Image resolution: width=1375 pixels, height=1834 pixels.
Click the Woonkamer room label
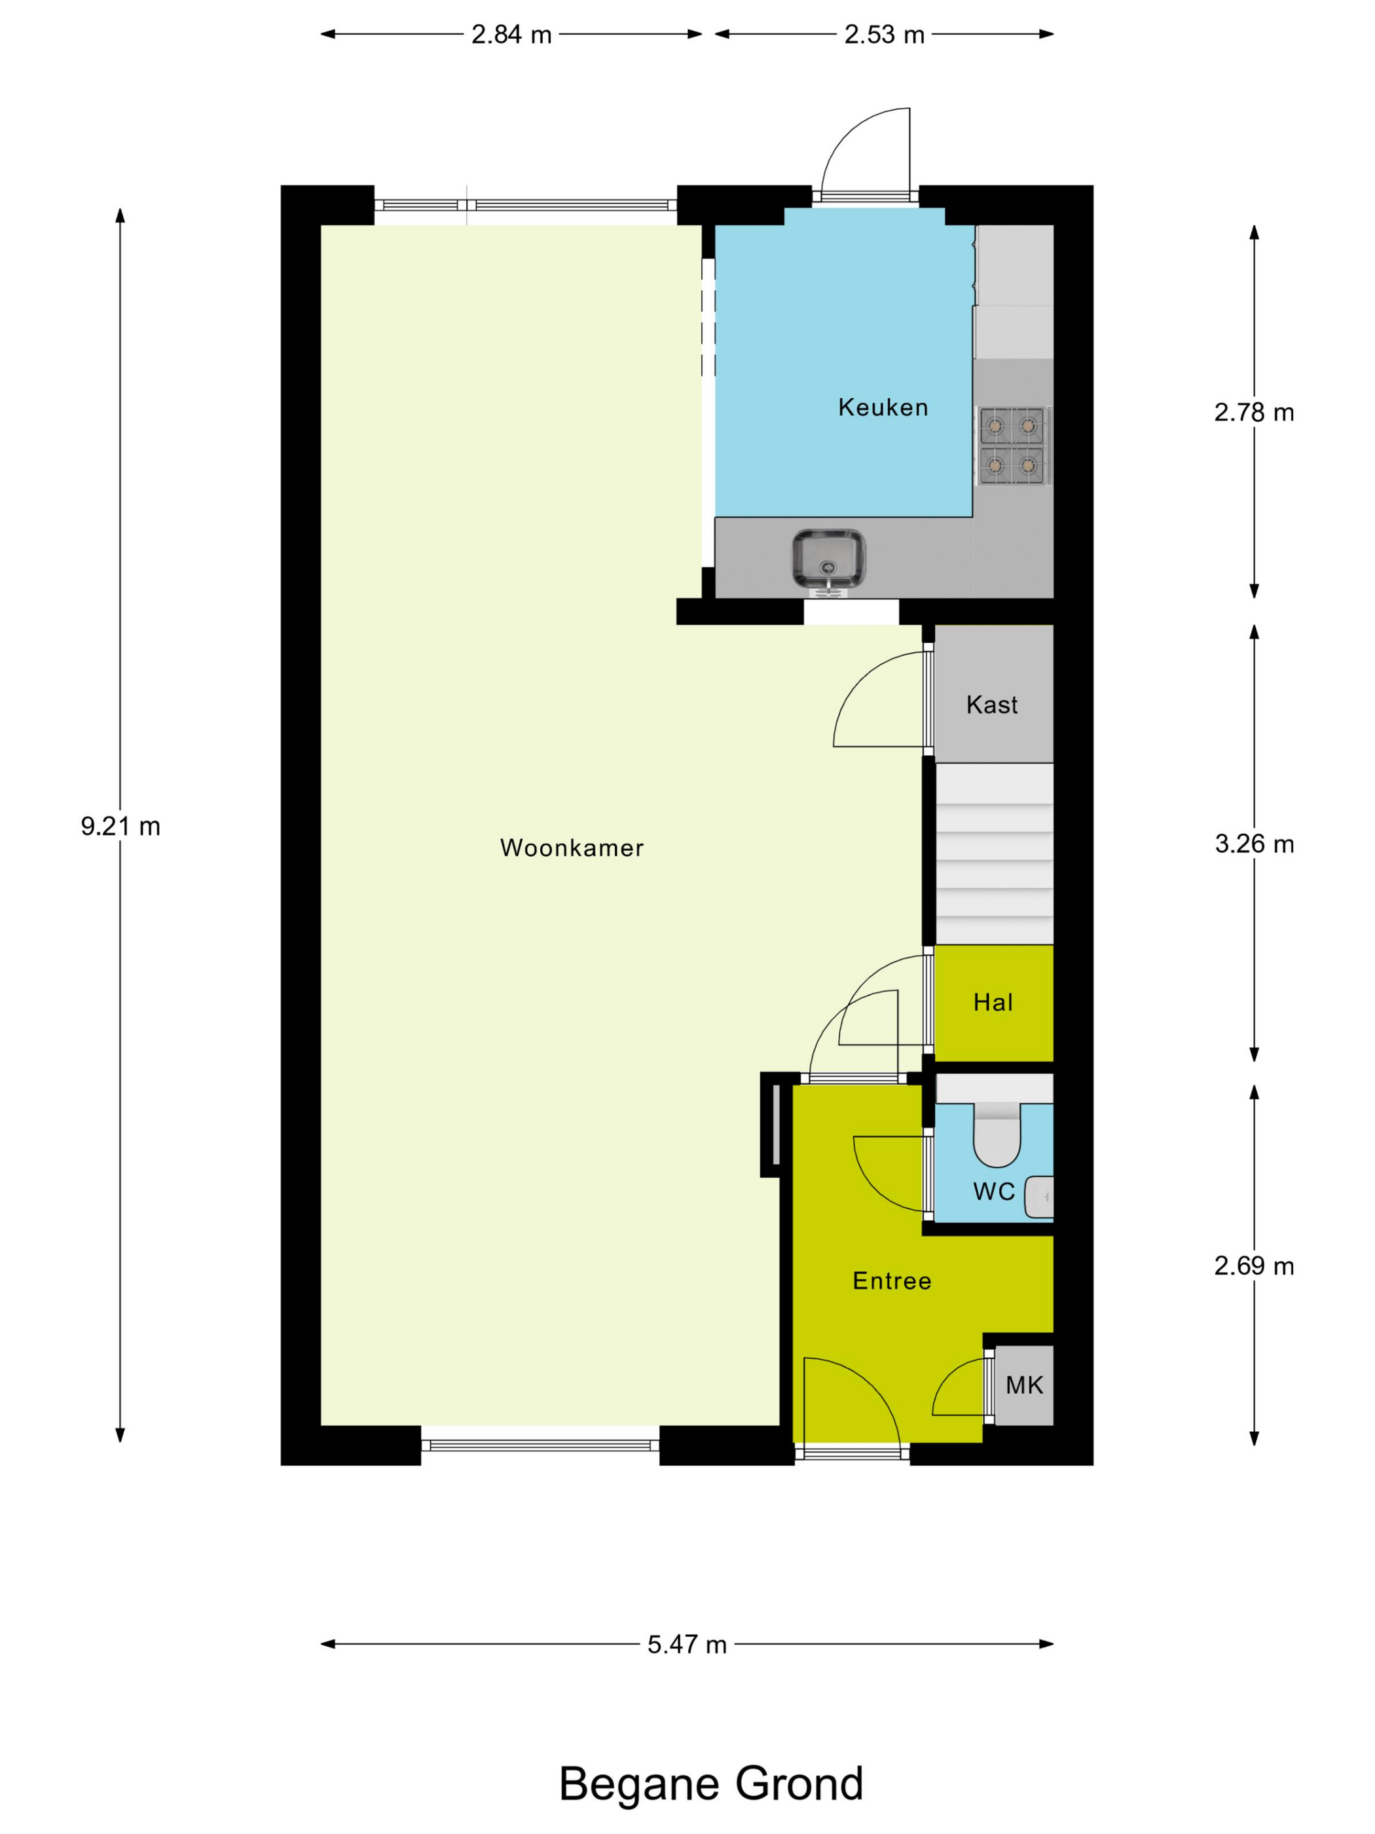tap(571, 848)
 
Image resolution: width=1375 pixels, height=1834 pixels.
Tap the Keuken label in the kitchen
tap(883, 407)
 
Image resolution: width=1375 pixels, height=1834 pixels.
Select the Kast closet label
tap(991, 705)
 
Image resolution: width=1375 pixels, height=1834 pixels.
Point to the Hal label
tap(993, 1002)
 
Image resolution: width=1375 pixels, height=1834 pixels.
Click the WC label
tap(994, 1191)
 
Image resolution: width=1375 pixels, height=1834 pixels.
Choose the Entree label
tap(892, 1281)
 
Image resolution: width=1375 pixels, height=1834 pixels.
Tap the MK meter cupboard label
tap(1025, 1385)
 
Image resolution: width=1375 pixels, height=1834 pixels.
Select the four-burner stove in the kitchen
tap(1012, 446)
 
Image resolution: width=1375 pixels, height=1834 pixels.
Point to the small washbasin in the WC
tap(1038, 1197)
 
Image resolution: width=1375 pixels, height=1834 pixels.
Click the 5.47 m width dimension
tap(687, 1644)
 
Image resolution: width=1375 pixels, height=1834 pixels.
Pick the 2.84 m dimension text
tap(511, 35)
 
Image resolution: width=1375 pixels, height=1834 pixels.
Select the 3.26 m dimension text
tap(1254, 844)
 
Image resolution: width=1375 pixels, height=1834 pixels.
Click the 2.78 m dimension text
tap(1254, 412)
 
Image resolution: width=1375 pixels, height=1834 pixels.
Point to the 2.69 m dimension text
tap(1254, 1266)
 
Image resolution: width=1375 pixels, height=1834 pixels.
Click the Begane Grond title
tap(711, 1784)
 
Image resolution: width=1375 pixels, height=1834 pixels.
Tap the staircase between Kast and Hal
tap(994, 853)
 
